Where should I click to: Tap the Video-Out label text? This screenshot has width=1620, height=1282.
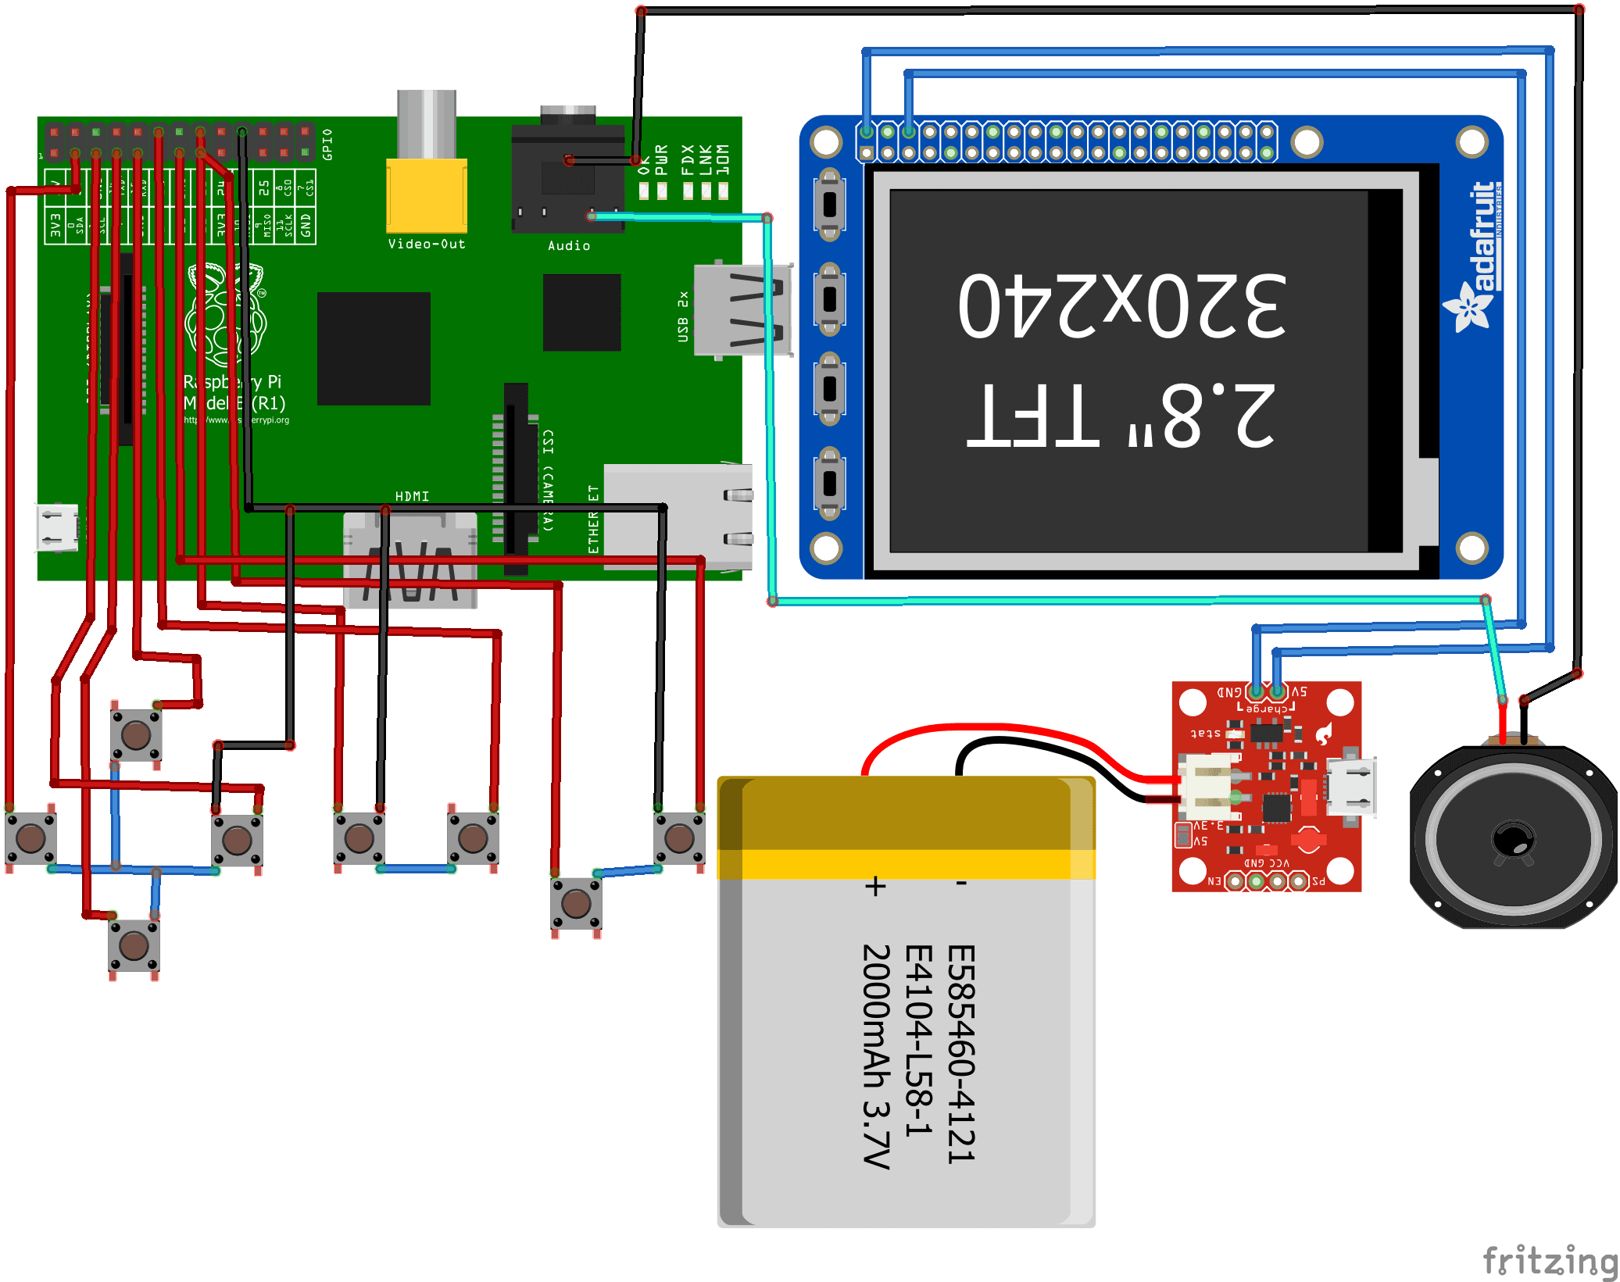click(427, 244)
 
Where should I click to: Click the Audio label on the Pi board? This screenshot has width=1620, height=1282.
click(569, 245)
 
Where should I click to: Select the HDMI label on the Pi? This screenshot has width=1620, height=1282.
click(412, 496)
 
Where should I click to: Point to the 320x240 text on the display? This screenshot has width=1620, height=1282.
click(1122, 306)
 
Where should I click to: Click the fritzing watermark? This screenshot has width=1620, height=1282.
click(1550, 1259)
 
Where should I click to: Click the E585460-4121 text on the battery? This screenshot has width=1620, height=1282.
click(961, 1055)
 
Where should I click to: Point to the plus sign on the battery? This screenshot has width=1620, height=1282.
click(876, 887)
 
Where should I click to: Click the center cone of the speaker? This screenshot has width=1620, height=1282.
click(1514, 840)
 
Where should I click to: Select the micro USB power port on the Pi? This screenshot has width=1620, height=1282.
click(57, 527)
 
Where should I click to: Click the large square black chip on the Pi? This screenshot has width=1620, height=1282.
click(374, 348)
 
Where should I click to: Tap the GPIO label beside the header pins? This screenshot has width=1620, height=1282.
click(327, 145)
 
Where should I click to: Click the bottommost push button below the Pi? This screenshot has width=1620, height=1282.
click(134, 945)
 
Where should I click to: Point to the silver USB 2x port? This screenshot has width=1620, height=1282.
click(742, 310)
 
